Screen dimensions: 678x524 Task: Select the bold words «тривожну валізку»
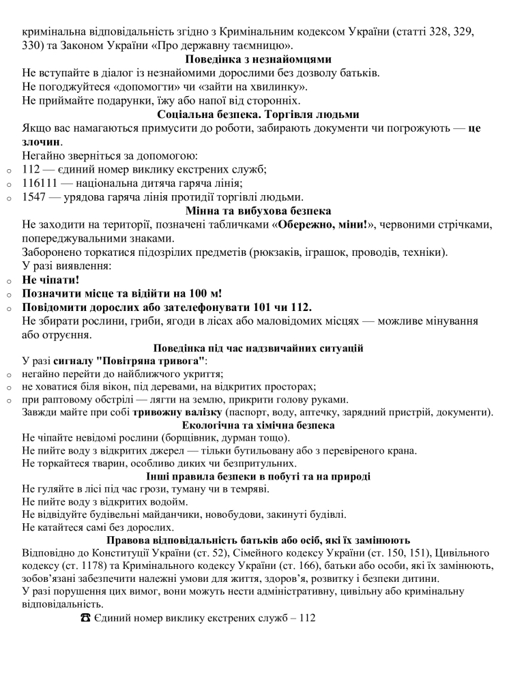tap(177, 412)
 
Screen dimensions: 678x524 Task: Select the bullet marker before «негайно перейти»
tap(8, 374)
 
